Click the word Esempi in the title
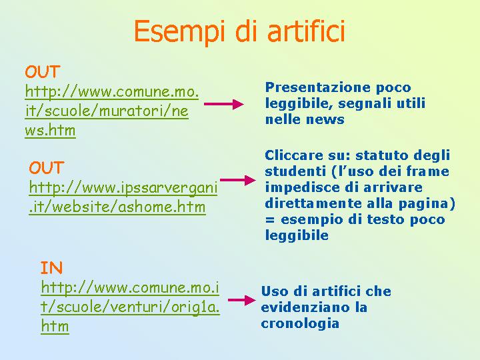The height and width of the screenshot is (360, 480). click(x=179, y=32)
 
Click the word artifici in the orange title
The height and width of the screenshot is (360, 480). click(x=306, y=31)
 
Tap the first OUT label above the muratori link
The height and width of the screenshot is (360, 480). click(x=42, y=72)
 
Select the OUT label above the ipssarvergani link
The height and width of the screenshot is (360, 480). click(x=47, y=168)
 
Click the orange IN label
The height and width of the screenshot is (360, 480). click(x=51, y=268)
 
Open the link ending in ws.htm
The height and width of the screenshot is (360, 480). click(x=50, y=131)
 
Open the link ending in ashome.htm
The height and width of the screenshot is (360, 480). click(x=117, y=207)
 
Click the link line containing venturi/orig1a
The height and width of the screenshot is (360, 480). click(x=130, y=307)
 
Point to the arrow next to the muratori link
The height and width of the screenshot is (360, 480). click(x=224, y=104)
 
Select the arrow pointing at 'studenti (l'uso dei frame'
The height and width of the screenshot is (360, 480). click(x=238, y=180)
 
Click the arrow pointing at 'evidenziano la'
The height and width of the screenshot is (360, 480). click(x=242, y=300)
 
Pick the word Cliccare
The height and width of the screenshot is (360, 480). click(x=294, y=155)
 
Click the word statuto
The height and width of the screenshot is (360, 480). click(x=382, y=155)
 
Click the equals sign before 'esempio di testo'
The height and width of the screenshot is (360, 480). click(x=270, y=219)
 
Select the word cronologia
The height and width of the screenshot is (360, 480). click(x=300, y=323)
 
